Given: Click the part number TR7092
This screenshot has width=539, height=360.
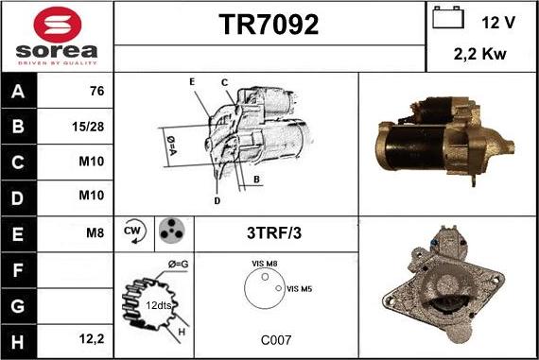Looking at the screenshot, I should point(269,25).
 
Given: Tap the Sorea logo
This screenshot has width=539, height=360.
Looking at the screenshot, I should point(57,36).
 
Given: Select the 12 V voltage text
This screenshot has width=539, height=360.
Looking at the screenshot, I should point(498,20).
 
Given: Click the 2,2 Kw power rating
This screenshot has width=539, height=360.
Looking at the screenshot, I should point(481,54).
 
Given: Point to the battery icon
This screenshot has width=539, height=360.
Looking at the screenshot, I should point(446,18).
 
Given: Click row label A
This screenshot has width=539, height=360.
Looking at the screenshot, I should point(18,92).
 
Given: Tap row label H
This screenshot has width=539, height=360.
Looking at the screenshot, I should point(18,338).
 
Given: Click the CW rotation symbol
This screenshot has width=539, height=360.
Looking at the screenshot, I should point(133,231).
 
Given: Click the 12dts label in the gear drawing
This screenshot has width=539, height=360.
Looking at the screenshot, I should point(157,305).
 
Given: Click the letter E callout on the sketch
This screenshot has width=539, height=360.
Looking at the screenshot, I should point(192,82).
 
